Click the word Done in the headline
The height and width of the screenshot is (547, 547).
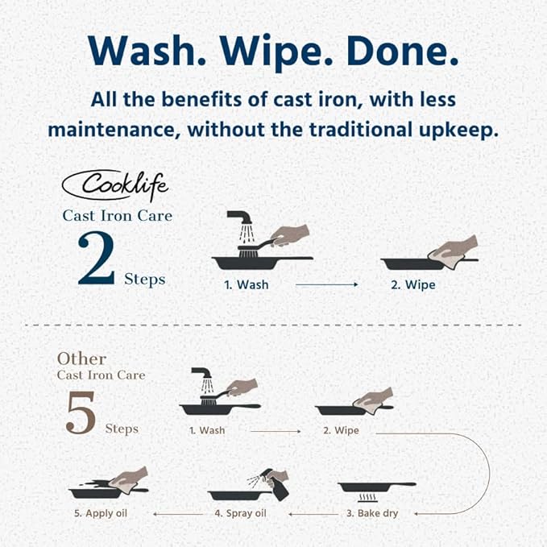[402, 50]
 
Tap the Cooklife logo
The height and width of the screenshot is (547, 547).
[115, 185]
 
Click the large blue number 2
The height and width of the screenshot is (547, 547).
[96, 258]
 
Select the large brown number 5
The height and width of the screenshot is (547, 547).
[81, 412]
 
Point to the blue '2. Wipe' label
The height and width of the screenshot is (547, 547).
[413, 284]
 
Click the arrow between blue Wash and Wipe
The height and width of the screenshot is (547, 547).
[326, 284]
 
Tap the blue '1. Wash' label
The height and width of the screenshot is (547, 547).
[247, 284]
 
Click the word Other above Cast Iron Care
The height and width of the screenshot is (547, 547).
[81, 358]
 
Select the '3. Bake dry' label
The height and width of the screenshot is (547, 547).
[372, 513]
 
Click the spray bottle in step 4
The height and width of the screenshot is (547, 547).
[277, 485]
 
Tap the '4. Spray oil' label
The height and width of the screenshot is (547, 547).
[240, 513]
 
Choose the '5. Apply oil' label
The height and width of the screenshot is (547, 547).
[101, 513]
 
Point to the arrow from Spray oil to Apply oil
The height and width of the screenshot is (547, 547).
[178, 514]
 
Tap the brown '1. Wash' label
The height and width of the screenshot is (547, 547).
[207, 430]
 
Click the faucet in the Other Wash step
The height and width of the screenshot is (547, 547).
[201, 372]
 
